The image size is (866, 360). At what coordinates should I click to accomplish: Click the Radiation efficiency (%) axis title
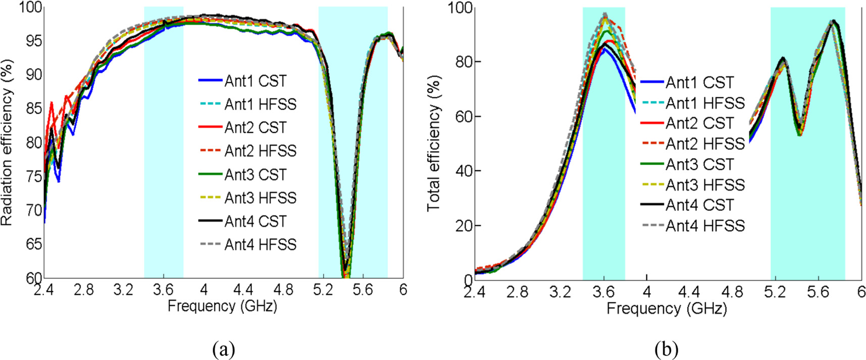(x=7, y=142)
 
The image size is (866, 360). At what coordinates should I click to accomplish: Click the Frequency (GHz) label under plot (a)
(x=222, y=306)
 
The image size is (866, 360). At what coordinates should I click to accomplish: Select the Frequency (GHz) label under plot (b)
(x=667, y=308)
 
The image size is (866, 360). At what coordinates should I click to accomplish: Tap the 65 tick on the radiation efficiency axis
(x=33, y=244)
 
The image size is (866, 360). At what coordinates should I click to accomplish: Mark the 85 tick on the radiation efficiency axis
(x=33, y=109)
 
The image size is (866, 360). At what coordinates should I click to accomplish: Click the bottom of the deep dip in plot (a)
(x=345, y=273)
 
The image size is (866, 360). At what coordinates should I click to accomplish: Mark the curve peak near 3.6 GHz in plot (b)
(x=604, y=15)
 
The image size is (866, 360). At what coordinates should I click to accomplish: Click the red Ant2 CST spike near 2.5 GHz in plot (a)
(x=52, y=103)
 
